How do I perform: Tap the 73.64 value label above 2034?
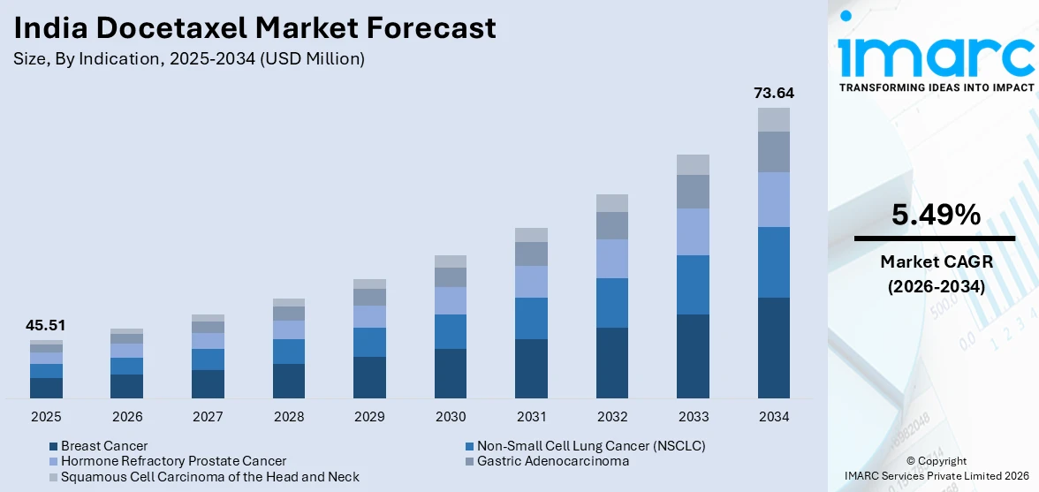point(772,93)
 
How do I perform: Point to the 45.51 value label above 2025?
point(46,325)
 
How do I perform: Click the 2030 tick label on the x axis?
point(451,416)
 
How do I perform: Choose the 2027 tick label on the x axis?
point(208,416)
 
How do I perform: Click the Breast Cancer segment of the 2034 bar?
point(773,347)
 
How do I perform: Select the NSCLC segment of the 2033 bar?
point(693,284)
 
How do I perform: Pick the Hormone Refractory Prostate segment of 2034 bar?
point(773,200)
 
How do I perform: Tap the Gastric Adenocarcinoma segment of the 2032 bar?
point(611,225)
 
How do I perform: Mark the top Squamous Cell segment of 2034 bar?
point(773,119)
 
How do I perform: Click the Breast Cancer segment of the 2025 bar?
point(46,388)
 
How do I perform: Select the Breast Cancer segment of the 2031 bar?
point(531,368)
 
